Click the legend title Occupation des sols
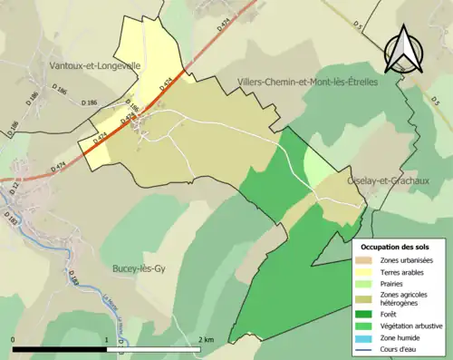pyautogui.click(x=396, y=247)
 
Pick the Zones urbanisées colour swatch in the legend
pyautogui.click(x=365, y=261)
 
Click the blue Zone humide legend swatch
pyautogui.click(x=365, y=336)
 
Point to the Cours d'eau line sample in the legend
pyautogui.click(x=365, y=347)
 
